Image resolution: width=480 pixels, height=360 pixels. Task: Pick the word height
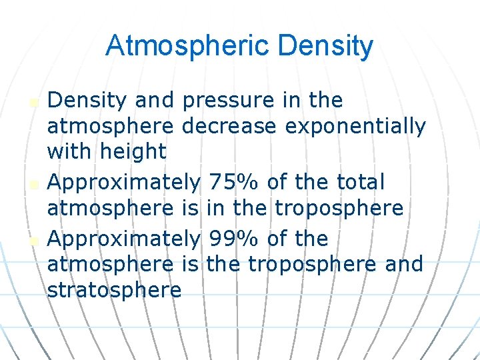pos(132,151)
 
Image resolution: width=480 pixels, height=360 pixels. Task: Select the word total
pos(361,181)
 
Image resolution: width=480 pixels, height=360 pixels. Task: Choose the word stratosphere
pos(114,290)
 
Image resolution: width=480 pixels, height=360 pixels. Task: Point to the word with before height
pos(70,151)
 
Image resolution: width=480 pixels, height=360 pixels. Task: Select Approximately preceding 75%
pos(125,181)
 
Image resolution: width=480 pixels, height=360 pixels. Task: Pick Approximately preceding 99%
pos(125,239)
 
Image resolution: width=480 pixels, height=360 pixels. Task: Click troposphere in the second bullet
pos(339,208)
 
